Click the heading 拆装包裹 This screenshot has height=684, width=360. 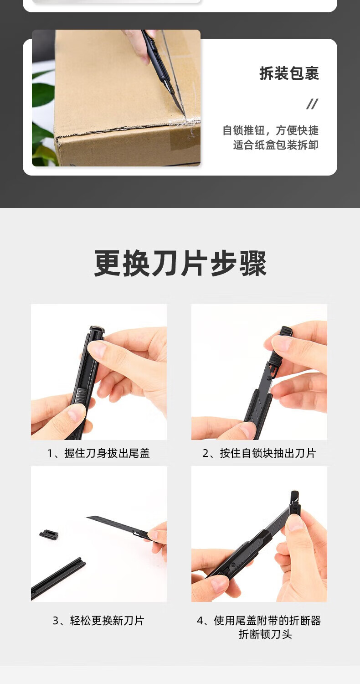click(x=289, y=73)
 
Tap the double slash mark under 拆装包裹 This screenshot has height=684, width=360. click(x=312, y=104)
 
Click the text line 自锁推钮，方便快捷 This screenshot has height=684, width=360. click(x=270, y=130)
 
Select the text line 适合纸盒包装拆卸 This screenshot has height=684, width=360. click(x=276, y=145)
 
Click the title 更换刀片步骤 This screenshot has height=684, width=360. click(x=180, y=263)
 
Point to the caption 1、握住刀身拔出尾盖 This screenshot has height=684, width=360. click(x=98, y=453)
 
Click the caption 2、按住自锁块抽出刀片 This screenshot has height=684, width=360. click(x=259, y=453)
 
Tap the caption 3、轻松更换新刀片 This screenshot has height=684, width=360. click(x=98, y=621)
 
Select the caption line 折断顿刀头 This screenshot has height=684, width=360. click(x=265, y=635)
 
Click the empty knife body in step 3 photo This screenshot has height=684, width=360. click(x=57, y=578)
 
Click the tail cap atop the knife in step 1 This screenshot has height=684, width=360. click(x=97, y=331)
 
